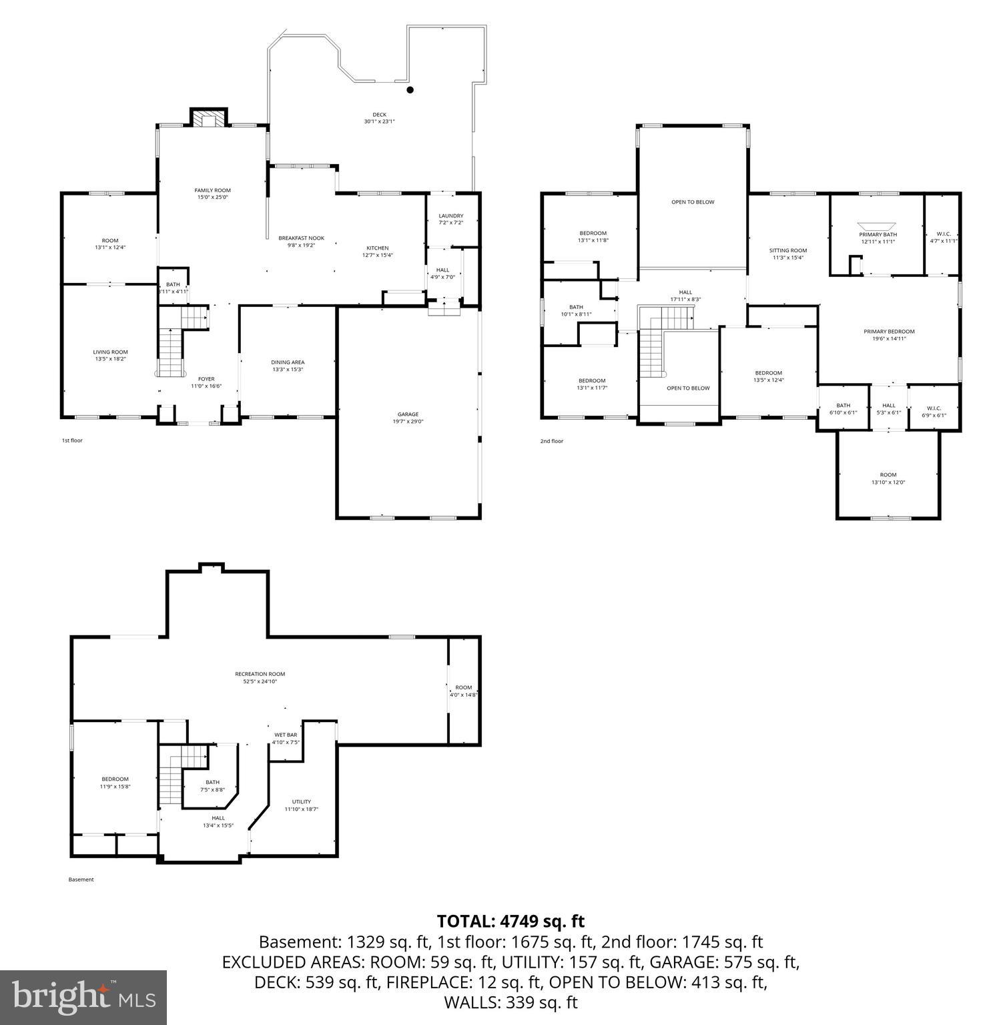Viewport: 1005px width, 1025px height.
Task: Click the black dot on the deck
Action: pyautogui.click(x=410, y=89)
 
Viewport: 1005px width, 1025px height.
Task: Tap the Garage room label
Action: pyautogui.click(x=408, y=414)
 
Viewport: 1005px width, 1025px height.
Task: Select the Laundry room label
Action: pyautogui.click(x=450, y=216)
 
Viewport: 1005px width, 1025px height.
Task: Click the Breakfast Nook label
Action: pyautogui.click(x=301, y=238)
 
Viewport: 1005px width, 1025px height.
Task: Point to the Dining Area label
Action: pyautogui.click(x=288, y=362)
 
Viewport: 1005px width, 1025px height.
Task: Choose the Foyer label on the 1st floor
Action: pyautogui.click(x=206, y=379)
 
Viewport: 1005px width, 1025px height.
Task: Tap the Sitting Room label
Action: pyautogui.click(x=787, y=250)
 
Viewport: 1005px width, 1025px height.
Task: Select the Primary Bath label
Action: pyautogui.click(x=878, y=234)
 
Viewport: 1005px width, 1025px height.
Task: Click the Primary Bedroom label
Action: pyautogui.click(x=889, y=332)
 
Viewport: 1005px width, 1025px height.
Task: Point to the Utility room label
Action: pyautogui.click(x=302, y=802)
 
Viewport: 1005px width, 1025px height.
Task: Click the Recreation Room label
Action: pyautogui.click(x=260, y=674)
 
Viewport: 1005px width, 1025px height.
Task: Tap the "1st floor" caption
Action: pyautogui.click(x=72, y=440)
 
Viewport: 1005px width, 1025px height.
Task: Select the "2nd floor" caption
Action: pyautogui.click(x=551, y=441)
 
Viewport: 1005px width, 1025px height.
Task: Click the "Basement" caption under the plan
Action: pyautogui.click(x=81, y=880)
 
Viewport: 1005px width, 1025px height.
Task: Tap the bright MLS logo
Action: pyautogui.click(x=83, y=998)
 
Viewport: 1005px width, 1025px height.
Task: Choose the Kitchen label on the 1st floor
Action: pyautogui.click(x=377, y=248)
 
